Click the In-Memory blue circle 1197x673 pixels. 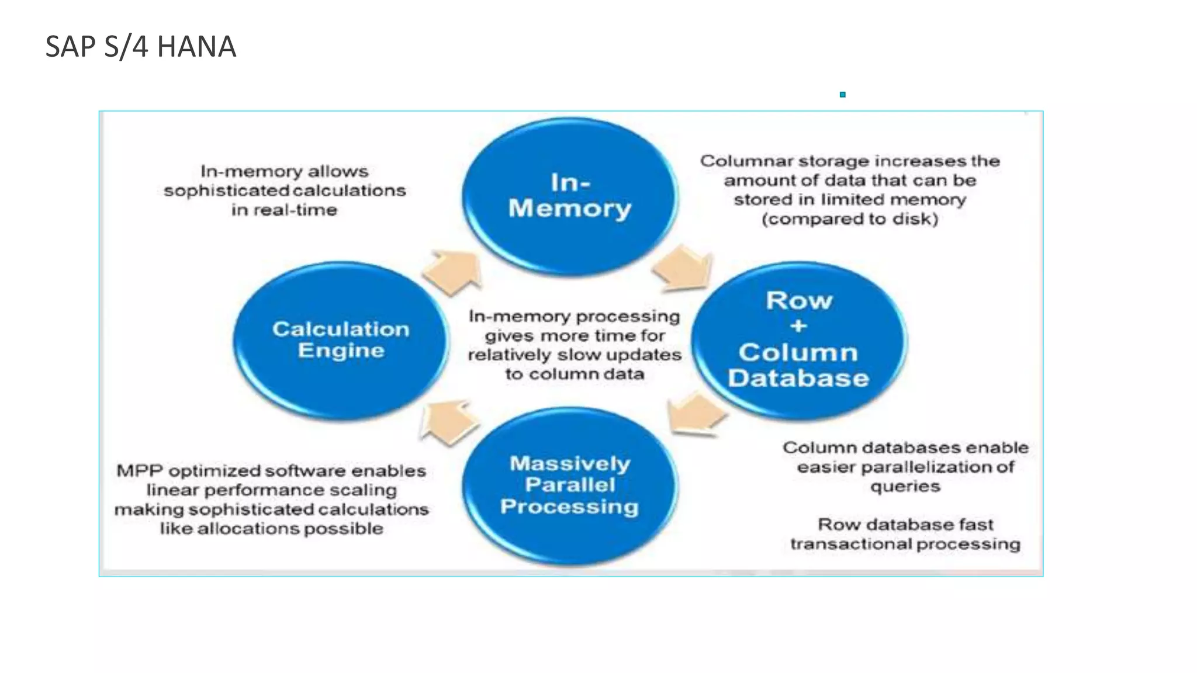[x=570, y=196]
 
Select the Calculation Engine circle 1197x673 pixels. [x=341, y=340]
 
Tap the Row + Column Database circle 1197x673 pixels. [x=798, y=340]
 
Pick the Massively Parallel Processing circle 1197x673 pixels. [x=570, y=485]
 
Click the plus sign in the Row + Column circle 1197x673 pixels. [x=798, y=326]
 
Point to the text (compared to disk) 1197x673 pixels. [x=850, y=219]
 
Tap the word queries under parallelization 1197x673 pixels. [x=905, y=487]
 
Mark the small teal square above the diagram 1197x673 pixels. [x=842, y=95]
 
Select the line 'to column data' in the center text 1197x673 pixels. [x=575, y=374]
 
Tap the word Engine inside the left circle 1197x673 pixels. [x=341, y=351]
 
